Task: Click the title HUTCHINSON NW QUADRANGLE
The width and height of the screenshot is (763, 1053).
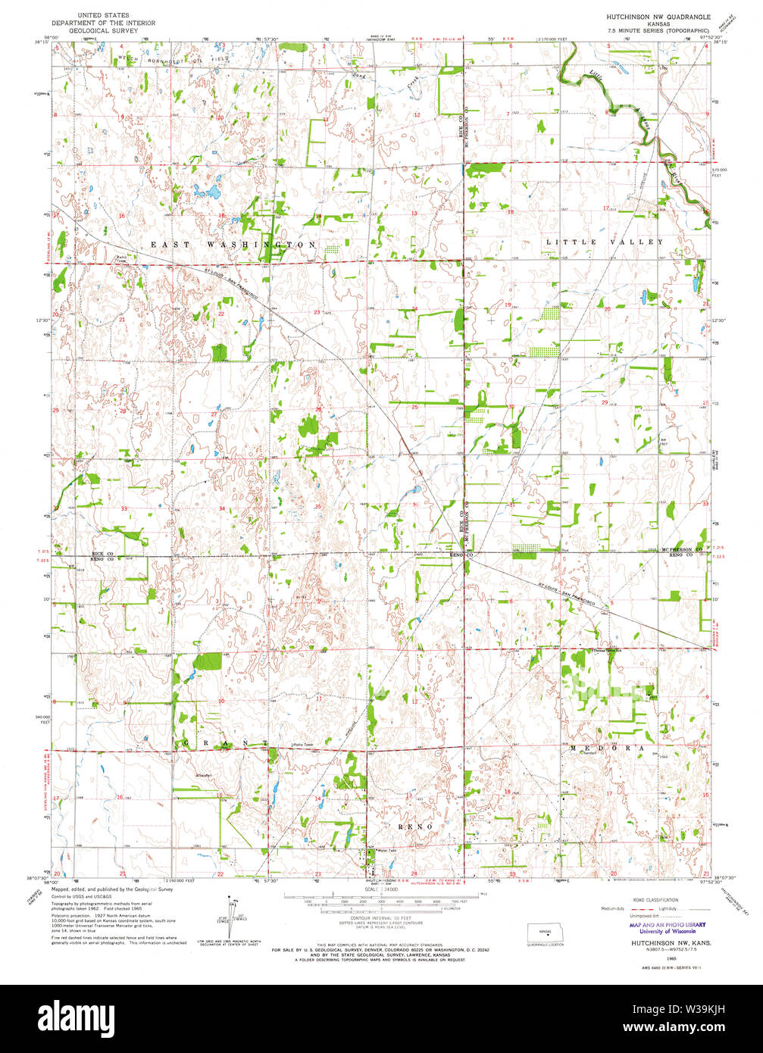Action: (x=658, y=15)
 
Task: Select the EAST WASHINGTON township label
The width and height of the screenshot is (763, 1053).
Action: (x=233, y=245)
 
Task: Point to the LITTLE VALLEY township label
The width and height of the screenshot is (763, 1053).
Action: (x=605, y=242)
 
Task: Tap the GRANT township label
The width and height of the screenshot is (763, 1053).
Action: (x=224, y=745)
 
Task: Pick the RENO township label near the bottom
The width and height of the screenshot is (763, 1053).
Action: (x=412, y=826)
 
